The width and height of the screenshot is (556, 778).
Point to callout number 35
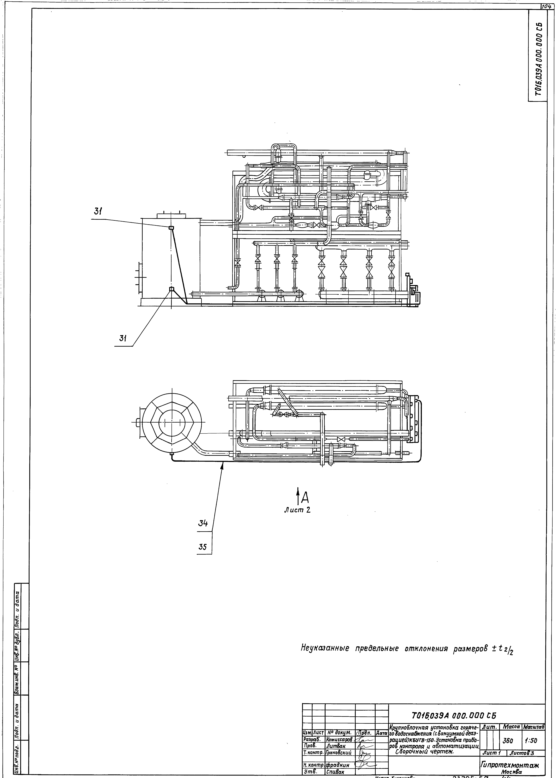(x=203, y=547)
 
